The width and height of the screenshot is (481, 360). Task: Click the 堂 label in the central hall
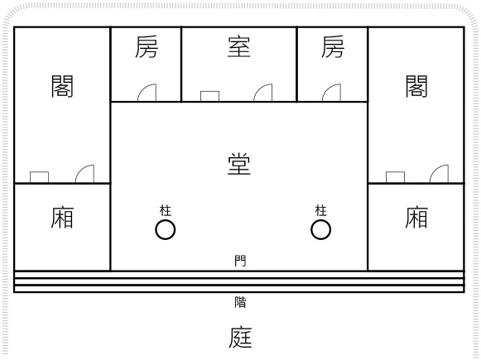coord(239,164)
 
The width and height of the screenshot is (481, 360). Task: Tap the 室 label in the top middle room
coord(239,46)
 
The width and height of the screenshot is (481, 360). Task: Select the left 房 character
coord(147,46)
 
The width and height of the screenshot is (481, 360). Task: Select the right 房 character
coord(333,46)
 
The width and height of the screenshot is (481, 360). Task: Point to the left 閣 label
coord(62,86)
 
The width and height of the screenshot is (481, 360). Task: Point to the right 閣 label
coord(416,86)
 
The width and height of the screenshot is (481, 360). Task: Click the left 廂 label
coord(62,218)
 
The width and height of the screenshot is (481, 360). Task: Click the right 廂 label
coord(416,218)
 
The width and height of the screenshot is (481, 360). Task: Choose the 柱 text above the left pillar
coord(166,211)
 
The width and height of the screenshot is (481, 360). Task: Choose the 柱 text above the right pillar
coord(321,211)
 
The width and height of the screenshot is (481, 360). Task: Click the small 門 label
coord(240,261)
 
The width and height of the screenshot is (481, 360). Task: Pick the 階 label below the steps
coord(240,302)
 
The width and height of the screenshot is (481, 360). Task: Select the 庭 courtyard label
coord(240,338)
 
